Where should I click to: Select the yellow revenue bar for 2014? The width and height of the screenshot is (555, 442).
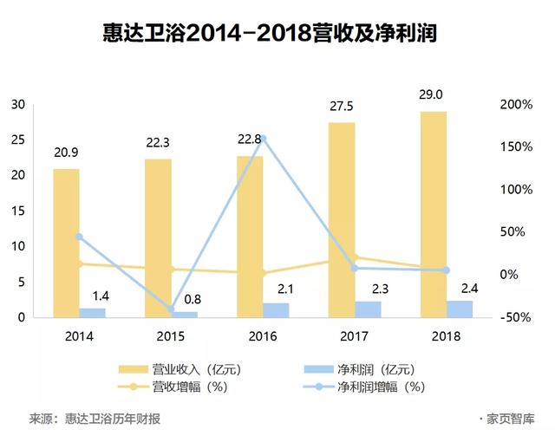tap(66, 243)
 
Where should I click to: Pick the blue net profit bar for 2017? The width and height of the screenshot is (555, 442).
tap(368, 309)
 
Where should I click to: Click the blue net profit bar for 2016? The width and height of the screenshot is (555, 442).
tap(276, 310)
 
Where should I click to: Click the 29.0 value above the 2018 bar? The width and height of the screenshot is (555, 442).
tap(434, 94)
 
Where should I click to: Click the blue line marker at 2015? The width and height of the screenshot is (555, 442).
tap(171, 309)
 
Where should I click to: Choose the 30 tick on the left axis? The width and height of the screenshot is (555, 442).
tap(17, 104)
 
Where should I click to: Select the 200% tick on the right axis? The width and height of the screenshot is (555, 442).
tap(518, 104)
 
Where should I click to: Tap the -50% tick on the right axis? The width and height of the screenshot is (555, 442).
tap(518, 317)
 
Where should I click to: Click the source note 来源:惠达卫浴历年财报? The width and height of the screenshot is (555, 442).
tap(95, 419)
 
